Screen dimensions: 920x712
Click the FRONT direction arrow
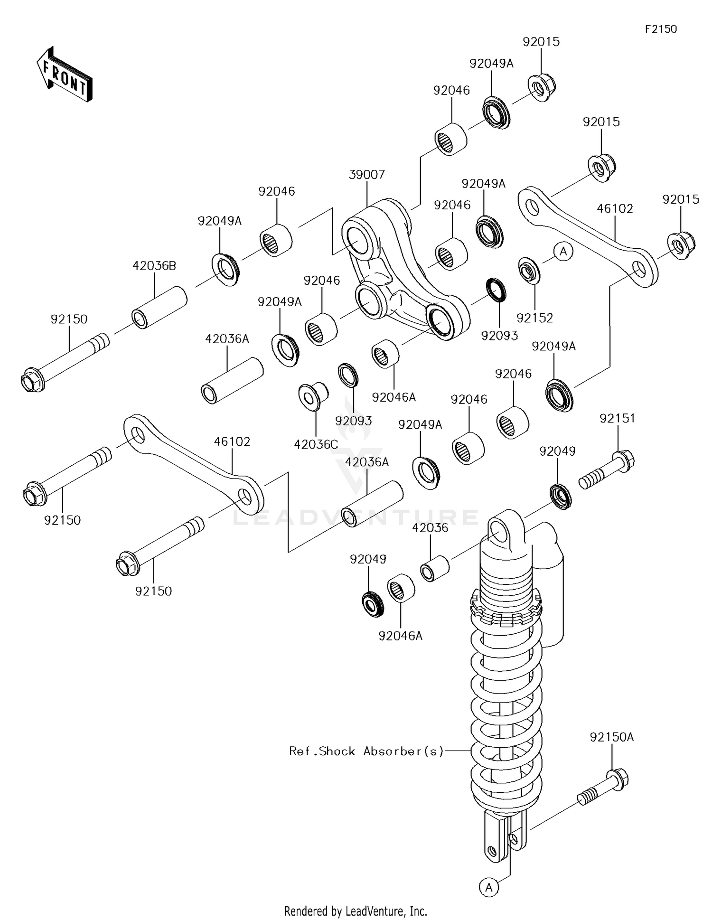[65, 74]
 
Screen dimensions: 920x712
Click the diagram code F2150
[660, 29]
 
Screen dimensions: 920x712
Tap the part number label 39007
[366, 174]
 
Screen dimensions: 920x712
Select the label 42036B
[154, 266]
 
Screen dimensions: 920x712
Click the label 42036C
[316, 444]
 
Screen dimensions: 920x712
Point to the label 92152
[535, 318]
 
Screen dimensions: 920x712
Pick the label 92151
[617, 418]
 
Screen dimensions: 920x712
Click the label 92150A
[611, 737]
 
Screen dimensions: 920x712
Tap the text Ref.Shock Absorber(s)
[366, 751]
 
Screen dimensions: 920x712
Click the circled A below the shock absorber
[489, 886]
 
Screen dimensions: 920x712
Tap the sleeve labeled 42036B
[159, 307]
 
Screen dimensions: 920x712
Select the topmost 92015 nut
[542, 87]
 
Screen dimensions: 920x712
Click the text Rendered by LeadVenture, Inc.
[356, 911]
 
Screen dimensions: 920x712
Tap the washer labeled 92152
[528, 271]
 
